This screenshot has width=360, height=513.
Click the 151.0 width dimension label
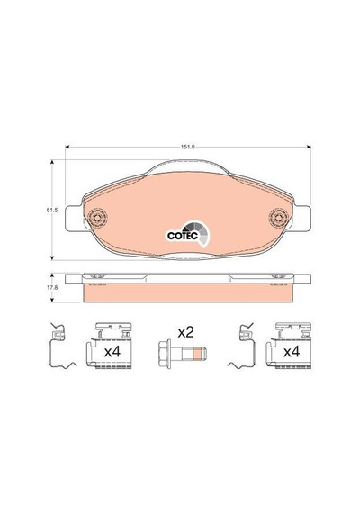187,148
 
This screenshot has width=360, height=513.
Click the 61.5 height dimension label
52,211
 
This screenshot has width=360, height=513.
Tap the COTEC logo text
183,236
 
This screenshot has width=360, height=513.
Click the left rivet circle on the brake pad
97,218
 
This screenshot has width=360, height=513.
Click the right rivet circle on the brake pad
279,218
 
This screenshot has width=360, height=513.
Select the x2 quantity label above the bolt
185,333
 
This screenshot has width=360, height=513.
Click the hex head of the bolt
165,355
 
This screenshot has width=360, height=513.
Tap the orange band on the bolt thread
197,354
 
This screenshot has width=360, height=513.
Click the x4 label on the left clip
112,352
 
